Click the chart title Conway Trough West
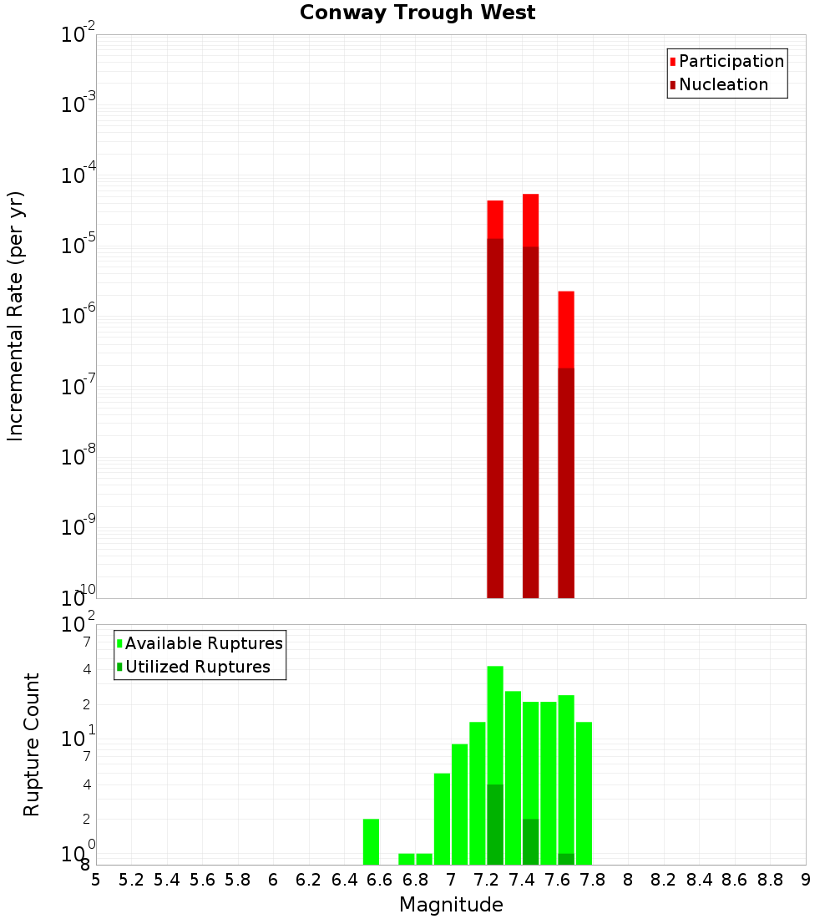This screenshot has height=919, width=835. click(x=417, y=13)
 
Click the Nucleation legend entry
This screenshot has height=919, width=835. click(x=723, y=85)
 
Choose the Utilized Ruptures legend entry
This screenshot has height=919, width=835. click(x=197, y=668)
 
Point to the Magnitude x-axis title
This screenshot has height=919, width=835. click(x=451, y=905)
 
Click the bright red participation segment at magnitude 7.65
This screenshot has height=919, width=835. click(x=566, y=329)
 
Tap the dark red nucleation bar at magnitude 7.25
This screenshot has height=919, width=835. click(x=495, y=418)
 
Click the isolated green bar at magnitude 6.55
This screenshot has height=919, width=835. click(x=371, y=842)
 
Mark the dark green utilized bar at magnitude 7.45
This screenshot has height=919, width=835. click(x=530, y=842)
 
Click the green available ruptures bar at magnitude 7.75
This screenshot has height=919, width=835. click(x=584, y=794)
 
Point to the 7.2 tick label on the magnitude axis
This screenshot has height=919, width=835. click(x=486, y=880)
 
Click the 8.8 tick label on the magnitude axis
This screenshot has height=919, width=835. click(x=770, y=880)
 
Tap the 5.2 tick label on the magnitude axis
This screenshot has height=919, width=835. click(x=131, y=880)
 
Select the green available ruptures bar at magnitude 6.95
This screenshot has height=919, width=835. click(x=442, y=819)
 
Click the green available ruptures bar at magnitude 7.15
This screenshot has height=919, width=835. click(x=478, y=794)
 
